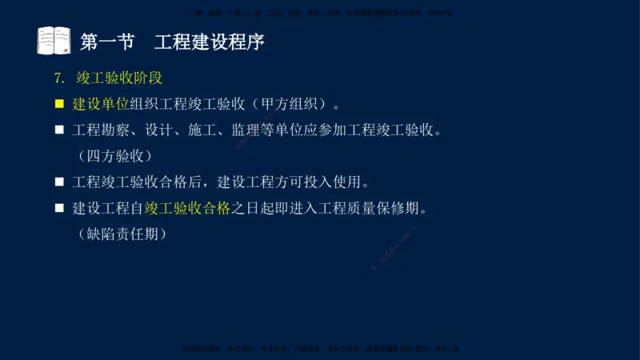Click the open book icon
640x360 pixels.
(54, 41)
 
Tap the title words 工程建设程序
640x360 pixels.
(209, 42)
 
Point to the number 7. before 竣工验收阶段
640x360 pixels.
(58, 78)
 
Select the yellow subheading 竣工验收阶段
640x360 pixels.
(119, 78)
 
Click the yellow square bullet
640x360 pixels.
(59, 103)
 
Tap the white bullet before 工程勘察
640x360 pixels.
(59, 130)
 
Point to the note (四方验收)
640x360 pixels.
(114, 155)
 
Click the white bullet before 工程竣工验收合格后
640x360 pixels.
(59, 182)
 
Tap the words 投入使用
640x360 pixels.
(339, 182)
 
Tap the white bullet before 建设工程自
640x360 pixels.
(59, 208)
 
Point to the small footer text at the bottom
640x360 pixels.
(320, 349)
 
